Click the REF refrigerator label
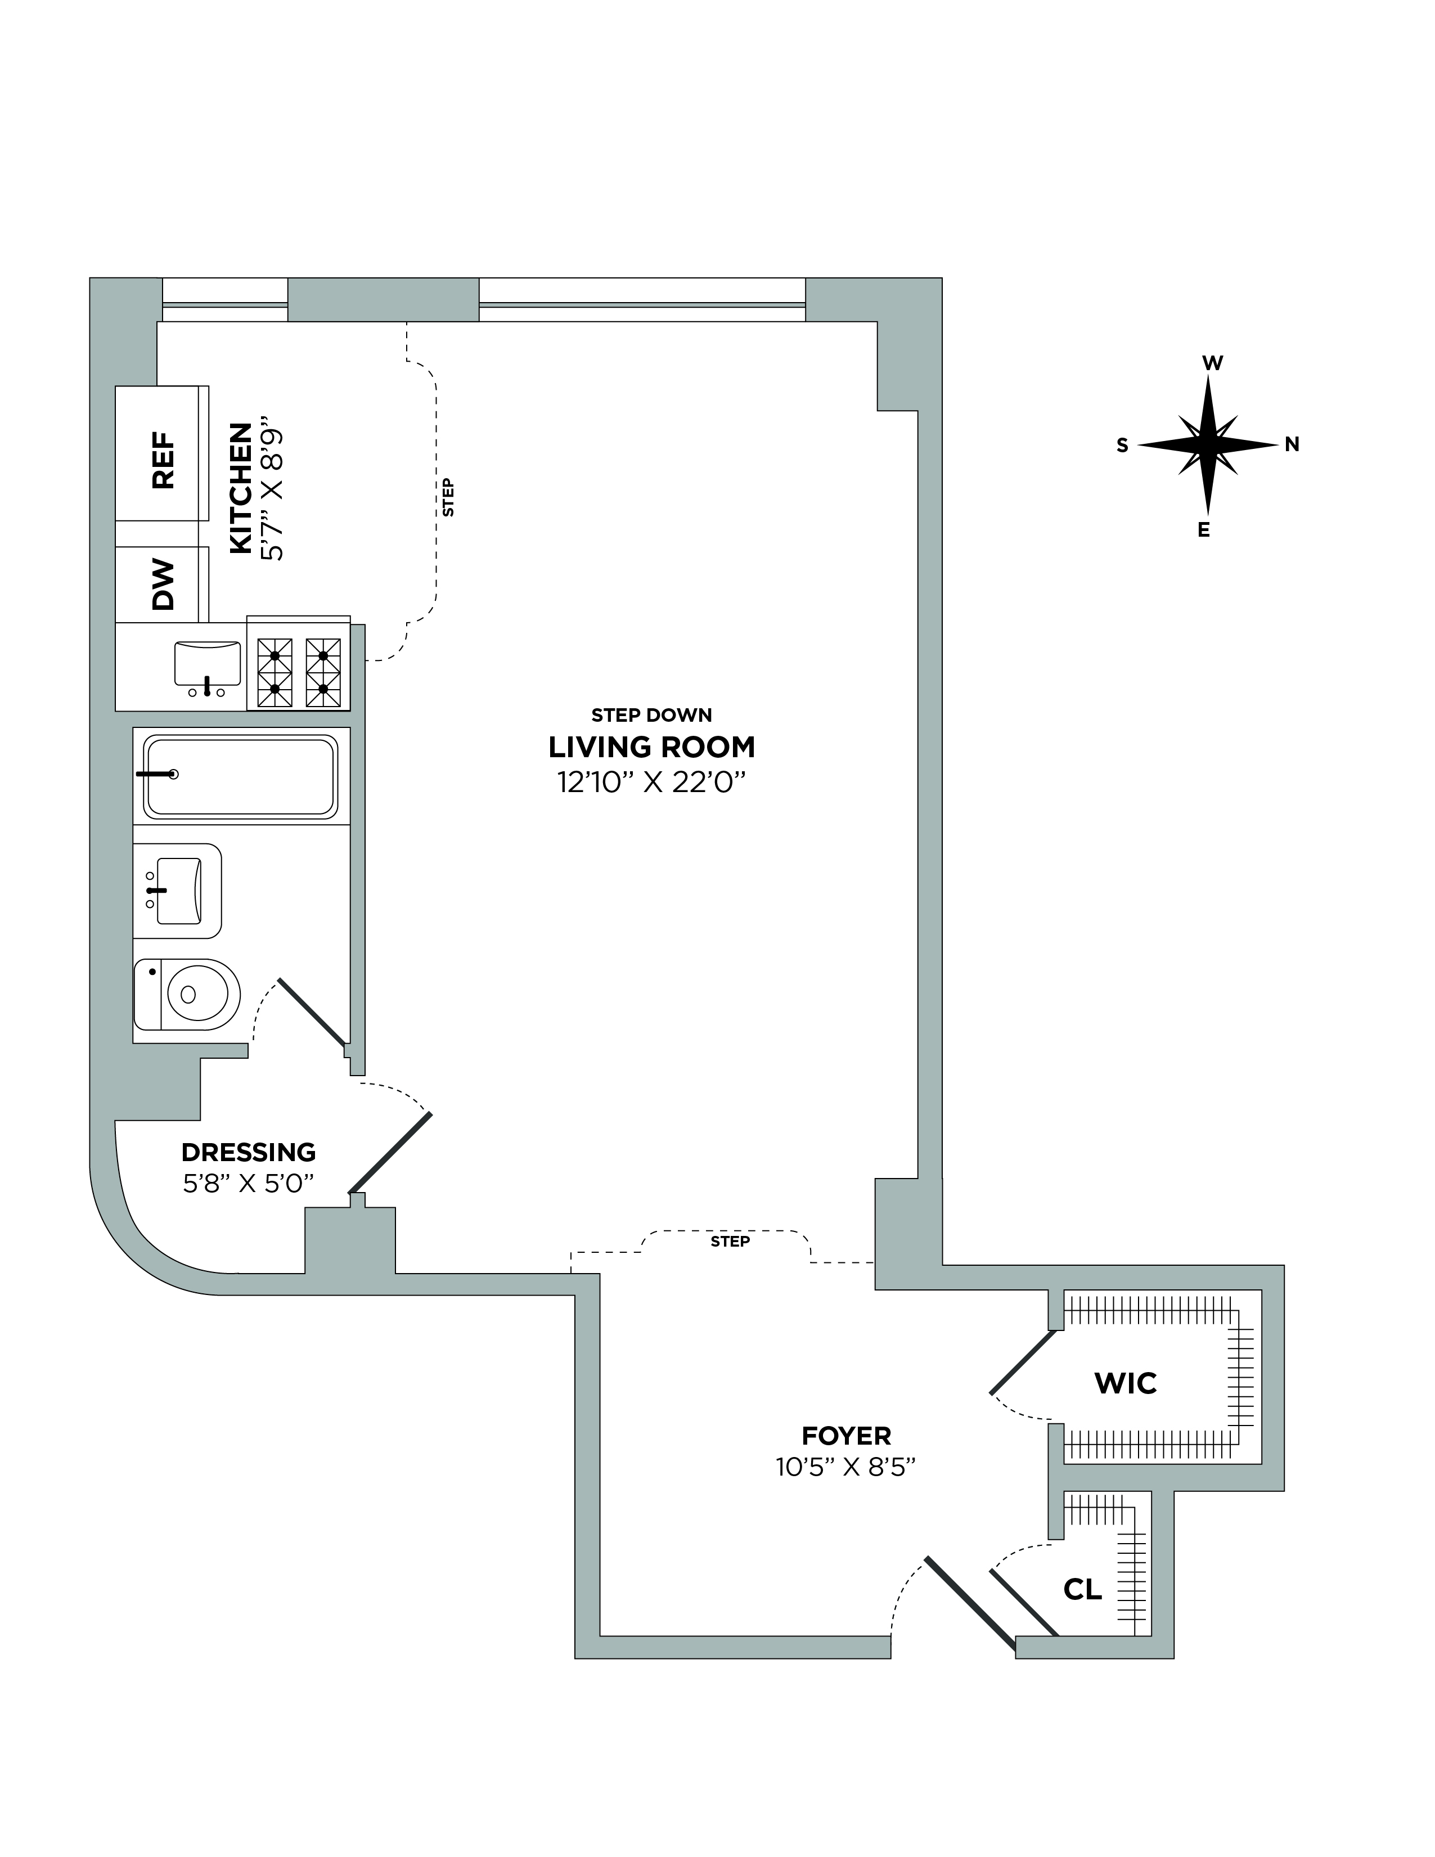pyautogui.click(x=163, y=460)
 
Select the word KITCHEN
pyautogui.click(x=241, y=488)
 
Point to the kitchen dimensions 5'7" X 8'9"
pyautogui.click(x=272, y=493)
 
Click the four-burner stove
pyautogui.click(x=298, y=672)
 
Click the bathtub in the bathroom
pyautogui.click(x=241, y=775)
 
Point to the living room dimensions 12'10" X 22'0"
pyautogui.click(x=651, y=781)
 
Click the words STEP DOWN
pyautogui.click(x=651, y=715)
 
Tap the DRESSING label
pyautogui.click(x=248, y=1152)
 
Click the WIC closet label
pyautogui.click(x=1126, y=1383)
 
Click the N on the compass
pyautogui.click(x=1292, y=444)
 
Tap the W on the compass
pyautogui.click(x=1212, y=363)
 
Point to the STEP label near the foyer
pyautogui.click(x=730, y=1242)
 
